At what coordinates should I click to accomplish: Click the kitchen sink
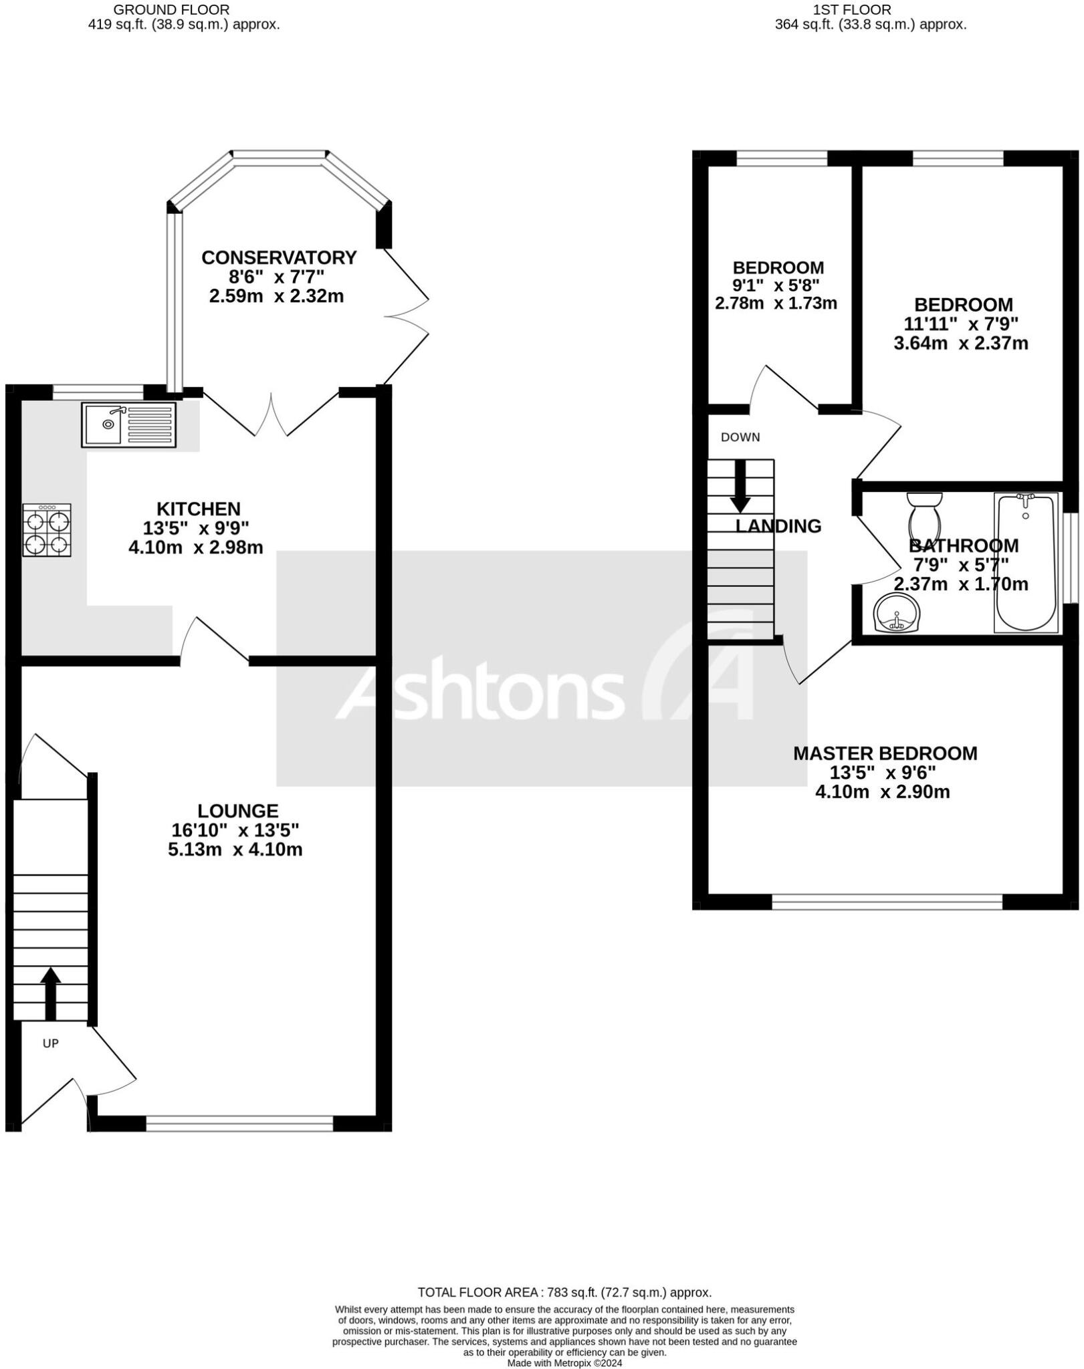[128, 424]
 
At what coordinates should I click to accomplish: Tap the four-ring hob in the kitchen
[47, 530]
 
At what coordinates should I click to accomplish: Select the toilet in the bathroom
[925, 515]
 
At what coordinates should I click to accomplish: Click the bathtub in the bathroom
[1026, 562]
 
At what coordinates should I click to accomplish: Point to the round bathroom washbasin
[897, 613]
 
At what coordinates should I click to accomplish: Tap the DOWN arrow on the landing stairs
[740, 486]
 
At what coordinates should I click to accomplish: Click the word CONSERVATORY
[279, 257]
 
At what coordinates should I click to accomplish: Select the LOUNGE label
[238, 811]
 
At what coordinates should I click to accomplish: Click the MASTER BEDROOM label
[885, 753]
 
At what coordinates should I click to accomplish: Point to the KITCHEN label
[198, 509]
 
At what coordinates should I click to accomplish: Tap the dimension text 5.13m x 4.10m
[235, 850]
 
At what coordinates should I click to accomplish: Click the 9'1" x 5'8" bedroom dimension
[776, 285]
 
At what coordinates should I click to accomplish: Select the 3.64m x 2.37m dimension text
[960, 344]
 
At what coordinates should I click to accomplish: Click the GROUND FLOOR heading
[171, 9]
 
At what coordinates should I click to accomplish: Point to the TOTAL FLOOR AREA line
[564, 1292]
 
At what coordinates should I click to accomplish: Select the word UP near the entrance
[51, 1043]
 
